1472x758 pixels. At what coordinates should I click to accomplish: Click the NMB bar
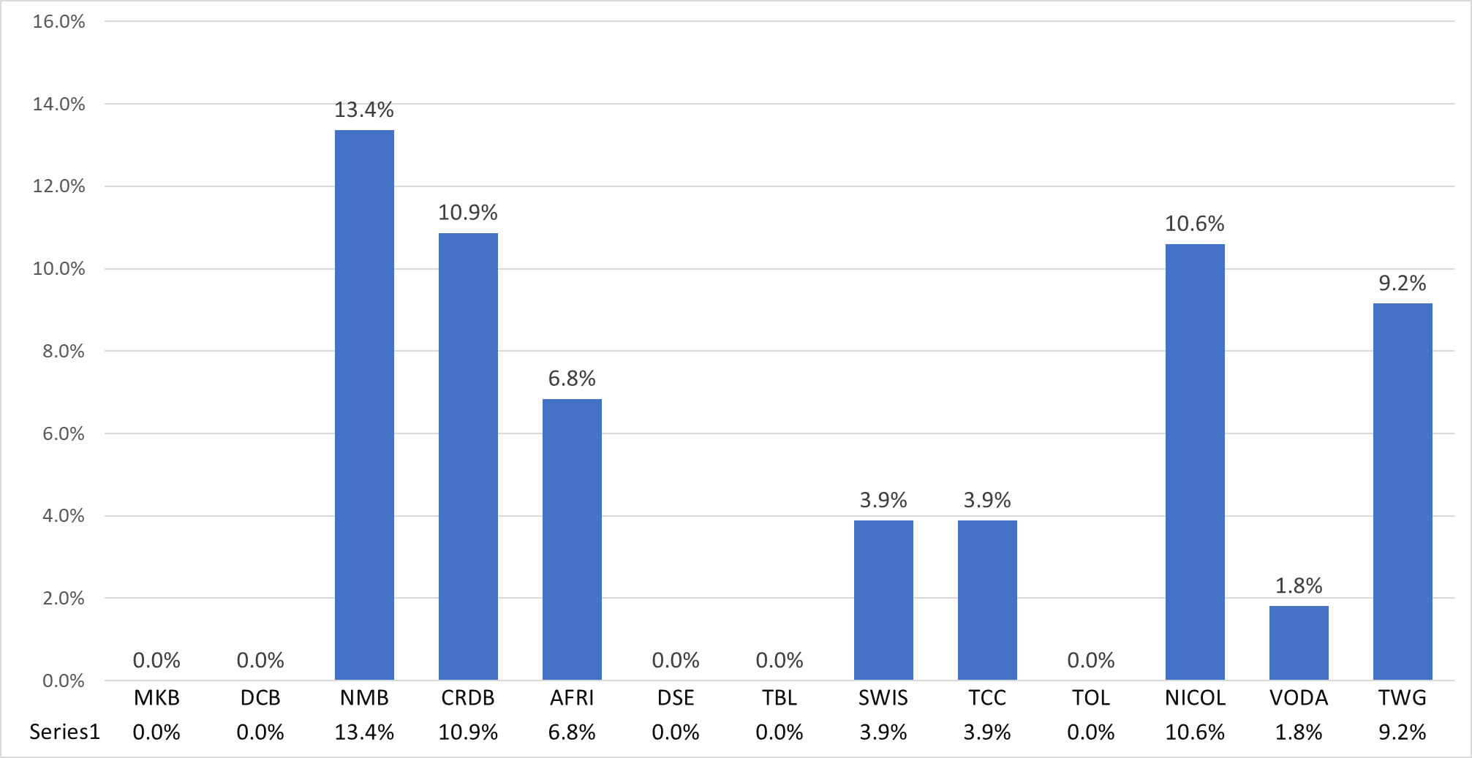[x=364, y=405]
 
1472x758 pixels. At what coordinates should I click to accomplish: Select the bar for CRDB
[x=468, y=457]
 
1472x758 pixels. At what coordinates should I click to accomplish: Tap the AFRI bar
[x=572, y=539]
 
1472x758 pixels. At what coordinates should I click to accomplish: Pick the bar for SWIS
[x=883, y=600]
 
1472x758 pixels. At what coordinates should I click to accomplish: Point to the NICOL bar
[x=1195, y=462]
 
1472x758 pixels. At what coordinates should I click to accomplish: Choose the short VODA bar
[x=1299, y=643]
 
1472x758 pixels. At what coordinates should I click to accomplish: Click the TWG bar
[x=1403, y=492]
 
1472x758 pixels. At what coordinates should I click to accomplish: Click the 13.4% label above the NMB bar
[x=364, y=110]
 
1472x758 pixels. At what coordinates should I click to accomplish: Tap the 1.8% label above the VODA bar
[x=1299, y=585]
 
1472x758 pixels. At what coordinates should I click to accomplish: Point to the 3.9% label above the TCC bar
[x=987, y=500]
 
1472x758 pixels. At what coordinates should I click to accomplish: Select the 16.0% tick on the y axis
[x=59, y=21]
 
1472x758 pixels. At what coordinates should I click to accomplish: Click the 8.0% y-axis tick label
[x=64, y=351]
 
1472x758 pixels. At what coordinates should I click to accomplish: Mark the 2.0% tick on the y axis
[x=64, y=598]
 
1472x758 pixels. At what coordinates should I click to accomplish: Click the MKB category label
[x=156, y=698]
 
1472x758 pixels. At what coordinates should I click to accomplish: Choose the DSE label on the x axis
[x=676, y=698]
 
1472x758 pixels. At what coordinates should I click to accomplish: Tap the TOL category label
[x=1091, y=698]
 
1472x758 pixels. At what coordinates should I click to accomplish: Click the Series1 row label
[x=64, y=732]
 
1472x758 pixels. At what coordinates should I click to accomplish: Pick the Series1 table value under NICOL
[x=1195, y=732]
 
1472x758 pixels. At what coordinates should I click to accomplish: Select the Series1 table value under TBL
[x=780, y=732]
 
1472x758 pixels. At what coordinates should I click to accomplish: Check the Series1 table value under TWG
[x=1403, y=732]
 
